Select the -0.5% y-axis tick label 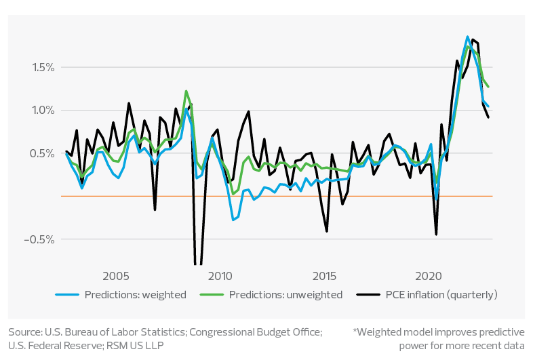click(x=39, y=240)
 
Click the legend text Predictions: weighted click(x=135, y=295)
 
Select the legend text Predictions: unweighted click(x=285, y=295)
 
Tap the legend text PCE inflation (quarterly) click(x=441, y=295)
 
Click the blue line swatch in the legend click(x=68, y=295)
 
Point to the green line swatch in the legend click(x=212, y=295)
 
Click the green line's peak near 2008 click(x=186, y=91)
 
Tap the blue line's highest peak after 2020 click(x=468, y=37)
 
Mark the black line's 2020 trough click(x=436, y=235)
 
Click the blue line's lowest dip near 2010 click(x=233, y=220)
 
